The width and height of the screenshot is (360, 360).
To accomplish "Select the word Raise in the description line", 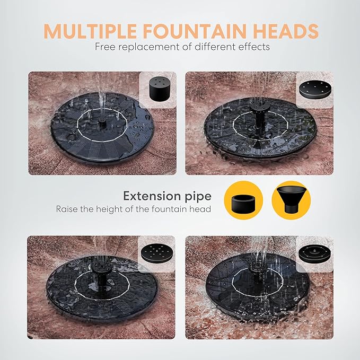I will [x=67, y=209].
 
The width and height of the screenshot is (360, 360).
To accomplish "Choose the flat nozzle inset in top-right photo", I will [x=315, y=88].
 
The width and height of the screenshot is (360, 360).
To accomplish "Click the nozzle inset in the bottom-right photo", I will [x=315, y=252].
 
